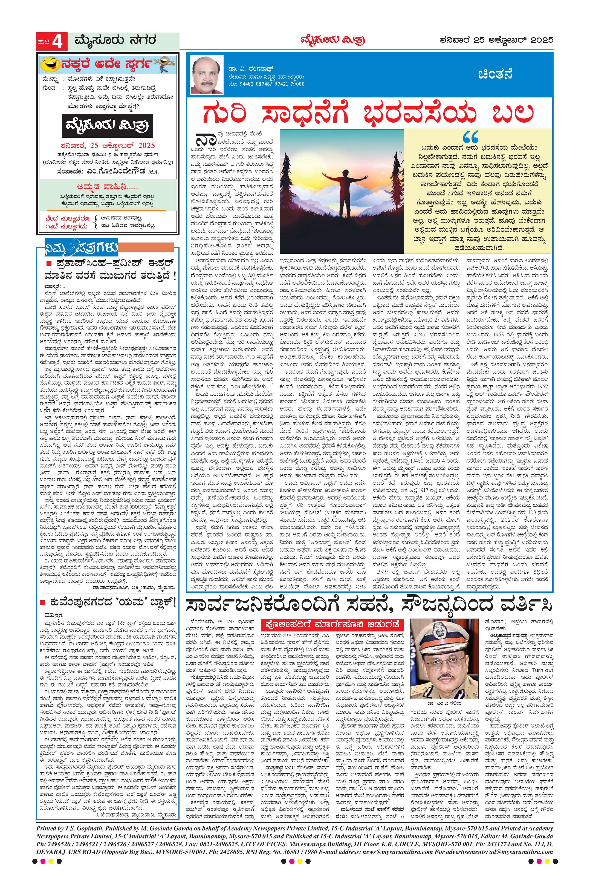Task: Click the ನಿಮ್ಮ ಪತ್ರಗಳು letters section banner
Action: pyautogui.click(x=81, y=249)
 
